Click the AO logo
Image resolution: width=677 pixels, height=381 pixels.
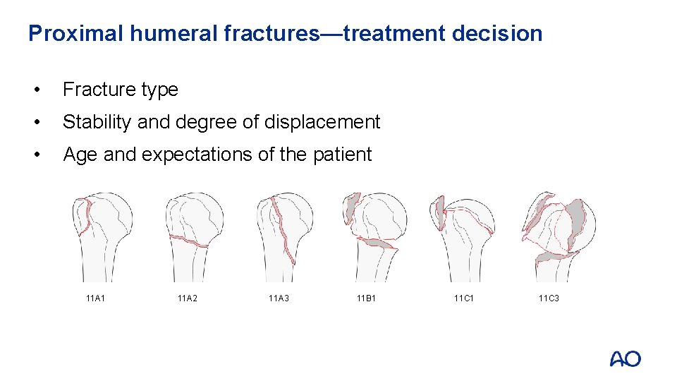[625, 358]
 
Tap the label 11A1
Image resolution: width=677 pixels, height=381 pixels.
[95, 299]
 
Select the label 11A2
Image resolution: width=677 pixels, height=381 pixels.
[187, 299]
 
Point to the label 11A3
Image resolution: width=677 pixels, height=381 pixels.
[279, 299]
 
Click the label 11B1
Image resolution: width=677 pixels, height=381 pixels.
[367, 299]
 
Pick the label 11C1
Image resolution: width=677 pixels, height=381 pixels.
[464, 299]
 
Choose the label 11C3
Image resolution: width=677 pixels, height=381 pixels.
[549, 299]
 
